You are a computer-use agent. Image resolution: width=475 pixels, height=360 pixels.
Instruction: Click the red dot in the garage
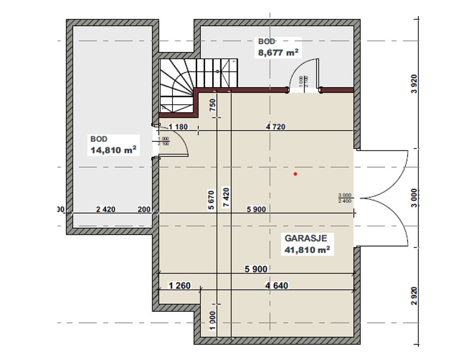(x=295, y=174)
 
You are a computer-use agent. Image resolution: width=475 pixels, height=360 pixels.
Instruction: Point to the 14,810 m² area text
(x=111, y=150)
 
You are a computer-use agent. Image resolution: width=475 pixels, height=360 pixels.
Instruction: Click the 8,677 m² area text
(x=278, y=52)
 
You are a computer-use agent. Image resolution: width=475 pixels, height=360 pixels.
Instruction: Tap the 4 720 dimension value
(x=277, y=126)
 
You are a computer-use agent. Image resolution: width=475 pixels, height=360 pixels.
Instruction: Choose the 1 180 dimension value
(x=179, y=126)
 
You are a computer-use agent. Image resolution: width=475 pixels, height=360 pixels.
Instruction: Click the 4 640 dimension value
(x=277, y=285)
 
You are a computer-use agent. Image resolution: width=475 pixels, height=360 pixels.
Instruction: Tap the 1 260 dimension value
(x=179, y=285)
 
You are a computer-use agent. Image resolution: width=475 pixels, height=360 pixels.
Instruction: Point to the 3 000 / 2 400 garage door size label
(x=344, y=198)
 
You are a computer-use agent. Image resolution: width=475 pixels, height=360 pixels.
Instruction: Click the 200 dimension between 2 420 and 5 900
(x=144, y=209)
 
